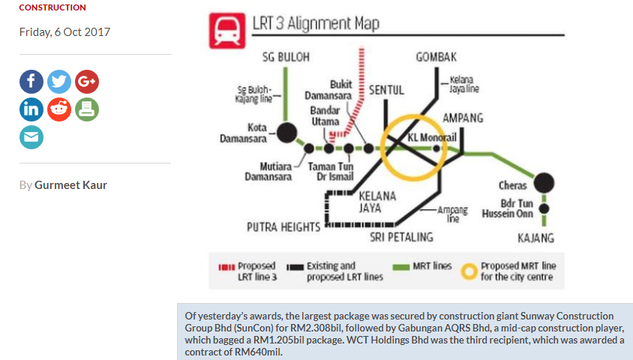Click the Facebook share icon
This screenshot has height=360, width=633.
pos(31,82)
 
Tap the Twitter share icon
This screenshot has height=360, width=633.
pos(59,82)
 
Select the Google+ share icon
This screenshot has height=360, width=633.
pos(87,82)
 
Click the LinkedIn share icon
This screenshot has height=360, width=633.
pos(31,109)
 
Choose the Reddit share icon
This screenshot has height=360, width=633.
pos(59,109)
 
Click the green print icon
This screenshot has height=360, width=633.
pos(87,109)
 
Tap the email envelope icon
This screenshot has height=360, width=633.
pos(31,137)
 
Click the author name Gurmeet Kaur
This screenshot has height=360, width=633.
pos(70,184)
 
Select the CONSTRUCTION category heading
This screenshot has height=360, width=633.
pos(52,7)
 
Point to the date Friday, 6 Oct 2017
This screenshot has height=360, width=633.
pos(64,32)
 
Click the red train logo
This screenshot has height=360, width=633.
pos(227,31)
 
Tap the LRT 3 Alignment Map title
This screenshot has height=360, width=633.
pos(316,23)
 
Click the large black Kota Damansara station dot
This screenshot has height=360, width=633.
pos(287,133)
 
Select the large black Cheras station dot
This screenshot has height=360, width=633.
pos(544,182)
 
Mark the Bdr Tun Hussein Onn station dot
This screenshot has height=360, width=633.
pos(544,208)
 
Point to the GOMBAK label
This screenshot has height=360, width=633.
pos(436,57)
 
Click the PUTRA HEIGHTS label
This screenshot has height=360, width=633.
pos(283,227)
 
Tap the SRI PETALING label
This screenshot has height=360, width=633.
pos(402,237)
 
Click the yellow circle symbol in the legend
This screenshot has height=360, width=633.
pos(469,271)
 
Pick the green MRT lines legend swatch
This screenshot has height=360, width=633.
pos(401,267)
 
